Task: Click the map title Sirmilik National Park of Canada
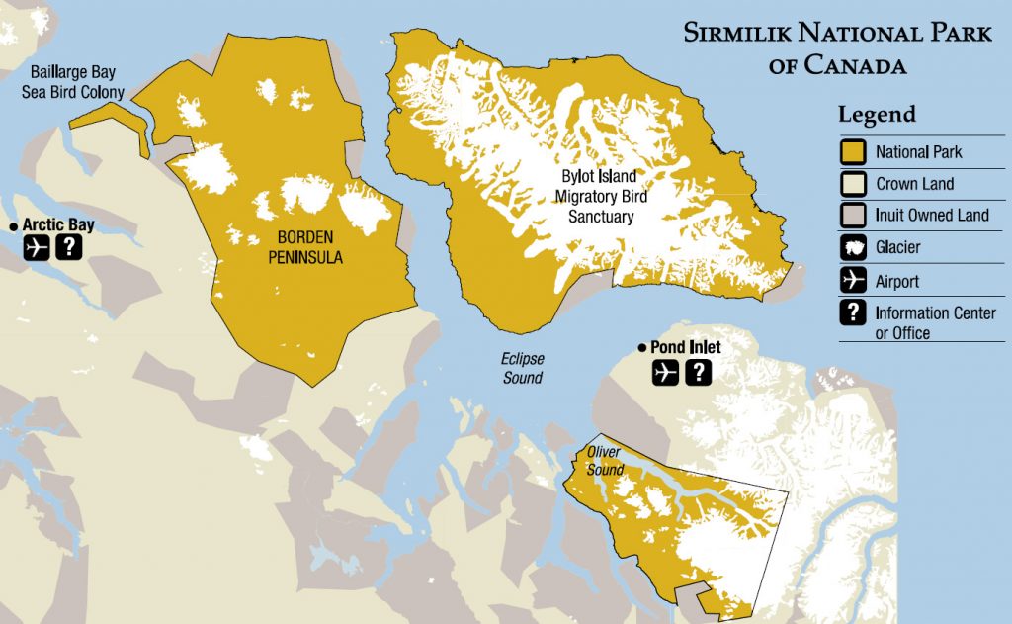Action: (837, 48)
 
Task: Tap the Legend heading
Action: (877, 114)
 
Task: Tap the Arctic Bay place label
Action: (58, 225)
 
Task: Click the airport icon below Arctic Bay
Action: (38, 247)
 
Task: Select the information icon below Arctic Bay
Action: (68, 247)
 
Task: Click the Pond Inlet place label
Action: (685, 348)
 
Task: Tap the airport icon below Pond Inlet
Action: (666, 372)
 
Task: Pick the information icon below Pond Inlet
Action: (698, 372)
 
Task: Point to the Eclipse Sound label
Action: (522, 368)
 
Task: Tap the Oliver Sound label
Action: (604, 460)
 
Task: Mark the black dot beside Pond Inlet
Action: (642, 348)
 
